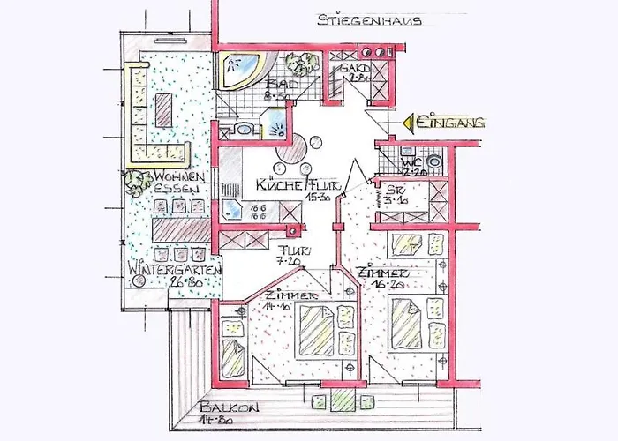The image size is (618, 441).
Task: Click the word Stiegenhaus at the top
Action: (x=370, y=19)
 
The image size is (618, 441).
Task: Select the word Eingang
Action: (x=452, y=124)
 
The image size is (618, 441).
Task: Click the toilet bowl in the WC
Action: (x=434, y=163)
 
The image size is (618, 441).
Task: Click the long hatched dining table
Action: (x=180, y=230)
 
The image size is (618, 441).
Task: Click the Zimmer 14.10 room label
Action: (x=284, y=300)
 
